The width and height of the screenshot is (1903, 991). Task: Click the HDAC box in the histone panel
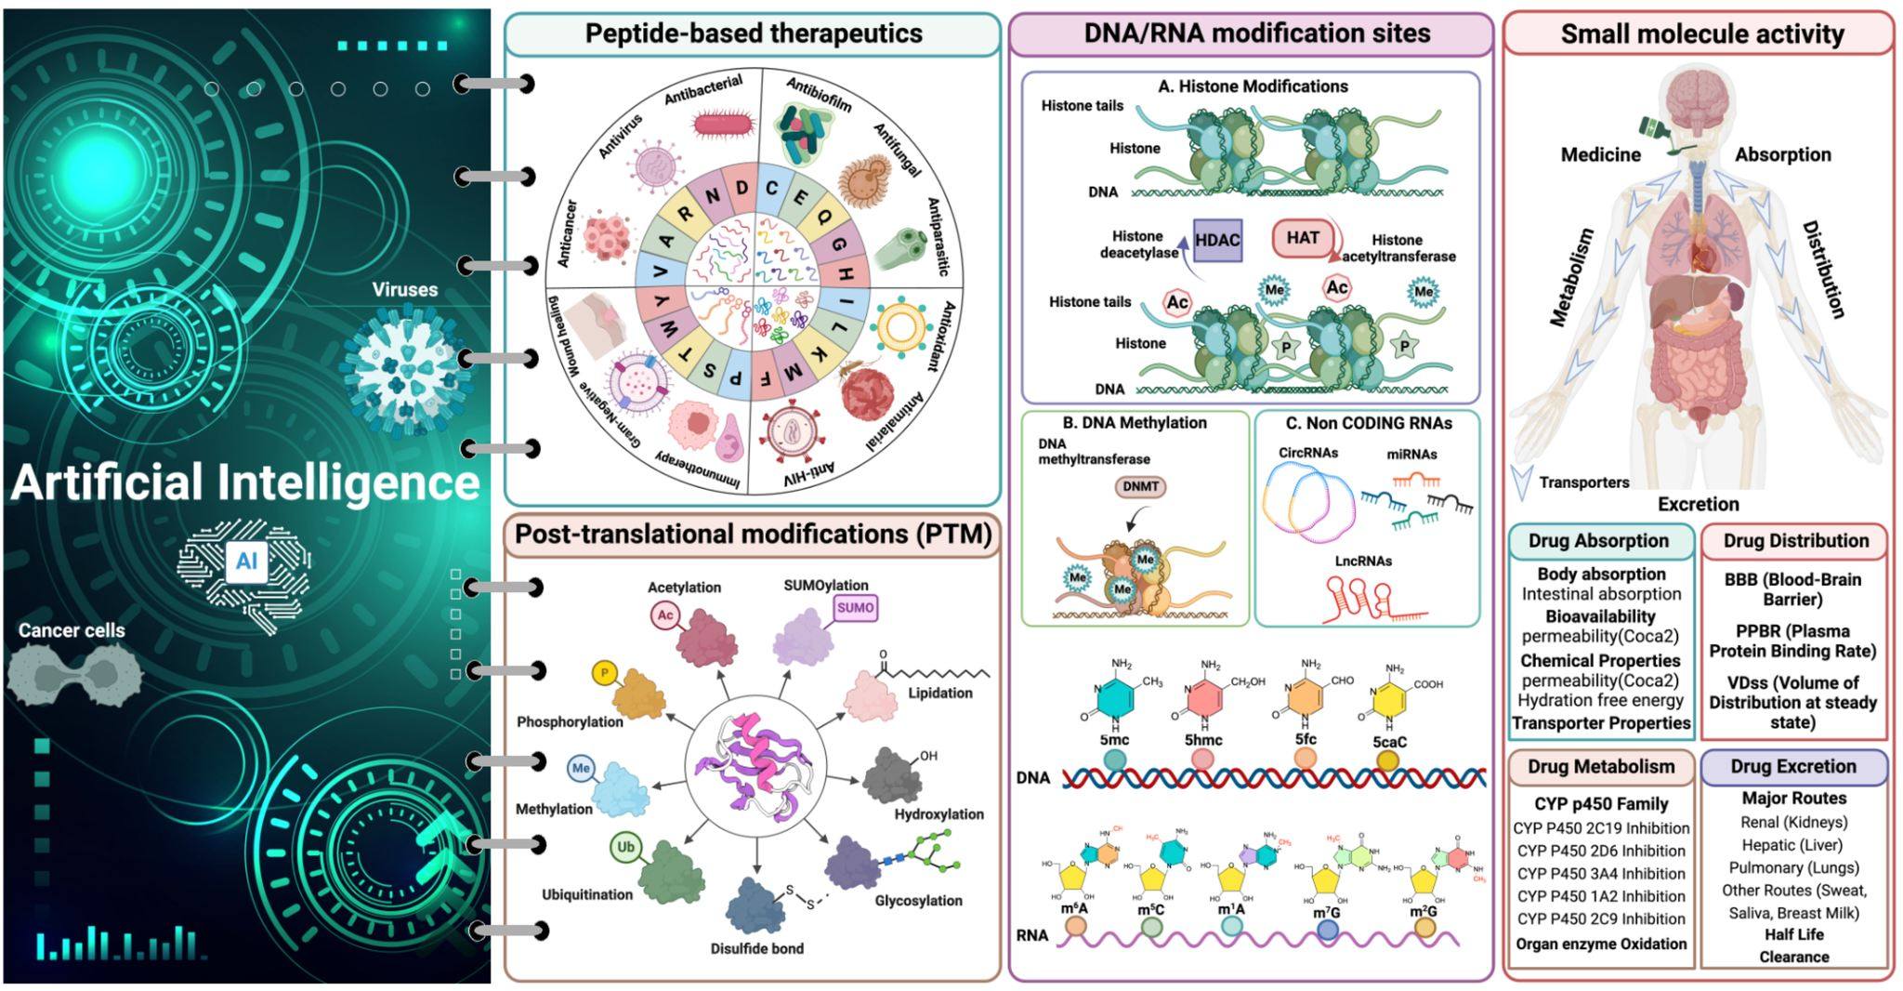[x=1217, y=240]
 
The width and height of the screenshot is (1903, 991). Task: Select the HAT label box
[x=1302, y=238]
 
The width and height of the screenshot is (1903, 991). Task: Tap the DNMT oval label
[x=1140, y=486]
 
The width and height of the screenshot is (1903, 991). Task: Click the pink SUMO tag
[x=855, y=608]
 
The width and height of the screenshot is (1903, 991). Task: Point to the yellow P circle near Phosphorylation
[x=605, y=673]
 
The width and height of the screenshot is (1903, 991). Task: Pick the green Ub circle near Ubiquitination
[x=625, y=847]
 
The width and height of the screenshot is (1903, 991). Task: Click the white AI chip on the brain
[x=246, y=561]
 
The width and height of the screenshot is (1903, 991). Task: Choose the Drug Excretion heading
[x=1792, y=767]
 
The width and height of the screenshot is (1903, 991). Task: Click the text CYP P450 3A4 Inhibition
[x=1601, y=874]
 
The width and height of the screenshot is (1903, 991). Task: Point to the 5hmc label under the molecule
[x=1203, y=741]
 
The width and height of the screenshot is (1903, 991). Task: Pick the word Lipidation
[x=940, y=694]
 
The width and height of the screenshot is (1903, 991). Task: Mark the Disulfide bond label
[x=756, y=949]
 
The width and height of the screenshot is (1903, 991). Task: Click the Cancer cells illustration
[x=74, y=674]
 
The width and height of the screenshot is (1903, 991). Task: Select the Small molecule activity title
[x=1701, y=34]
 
